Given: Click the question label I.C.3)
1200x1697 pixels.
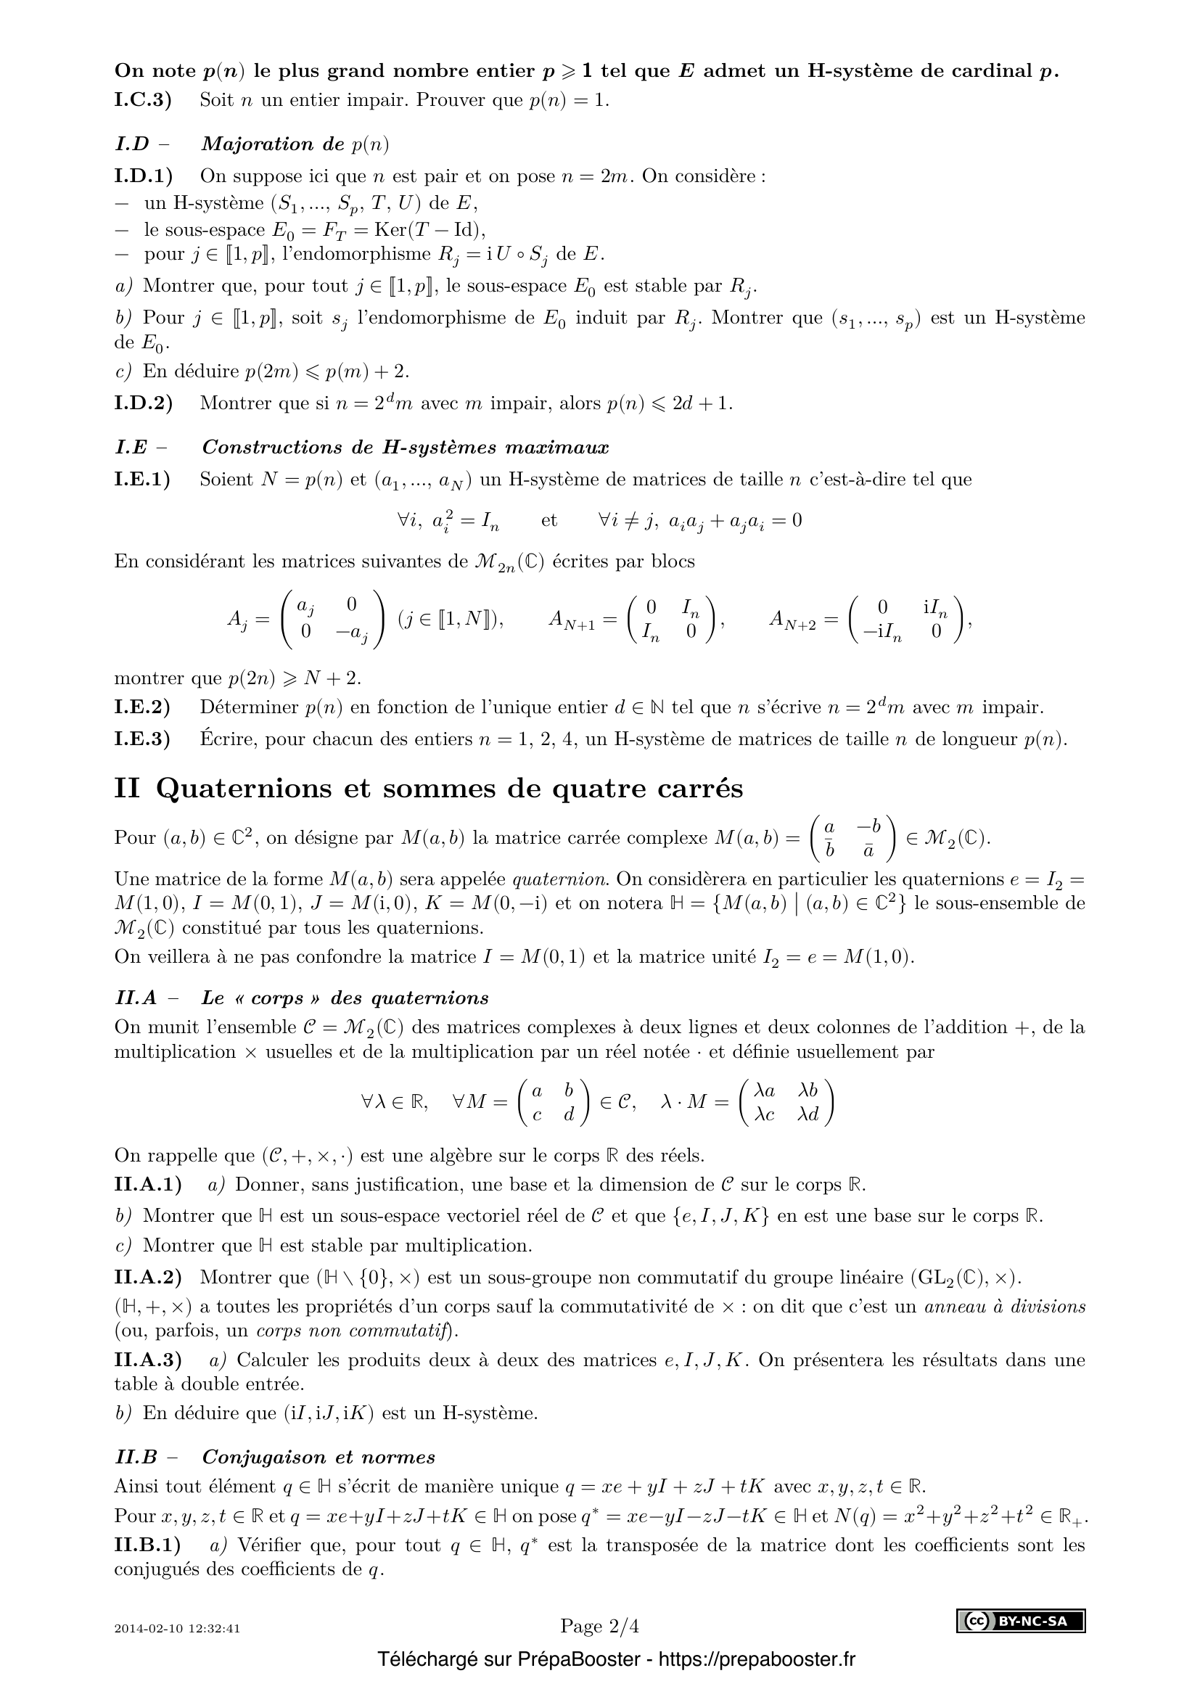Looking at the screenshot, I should [143, 101].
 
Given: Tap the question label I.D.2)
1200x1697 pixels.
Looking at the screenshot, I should [144, 403].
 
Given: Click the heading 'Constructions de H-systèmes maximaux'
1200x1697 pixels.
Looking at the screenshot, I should [405, 447].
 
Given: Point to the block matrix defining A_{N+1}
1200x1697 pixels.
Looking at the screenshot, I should [671, 620].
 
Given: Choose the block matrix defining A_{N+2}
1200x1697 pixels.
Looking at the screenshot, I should [907, 620].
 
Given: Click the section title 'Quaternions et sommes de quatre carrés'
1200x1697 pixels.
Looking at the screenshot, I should [449, 789].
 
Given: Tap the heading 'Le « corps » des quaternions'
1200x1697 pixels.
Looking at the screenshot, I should [345, 998].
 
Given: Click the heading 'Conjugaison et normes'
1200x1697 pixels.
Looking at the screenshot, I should [318, 1458].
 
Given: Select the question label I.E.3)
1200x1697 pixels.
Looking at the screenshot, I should [142, 739].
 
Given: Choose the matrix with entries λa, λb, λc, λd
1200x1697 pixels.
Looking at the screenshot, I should [786, 1102].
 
